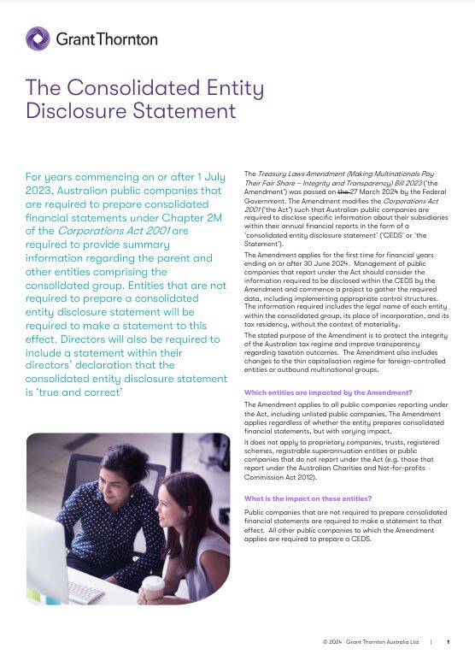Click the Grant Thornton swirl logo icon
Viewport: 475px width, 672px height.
coord(38,38)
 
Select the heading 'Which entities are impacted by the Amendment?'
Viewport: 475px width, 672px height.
coord(328,392)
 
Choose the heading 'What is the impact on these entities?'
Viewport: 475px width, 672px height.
coord(308,498)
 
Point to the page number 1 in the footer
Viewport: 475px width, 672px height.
coord(448,642)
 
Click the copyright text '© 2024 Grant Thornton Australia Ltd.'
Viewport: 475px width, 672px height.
coord(371,642)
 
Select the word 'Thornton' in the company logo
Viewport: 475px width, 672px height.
coord(130,39)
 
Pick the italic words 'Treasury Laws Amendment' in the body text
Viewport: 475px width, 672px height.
coord(297,174)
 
